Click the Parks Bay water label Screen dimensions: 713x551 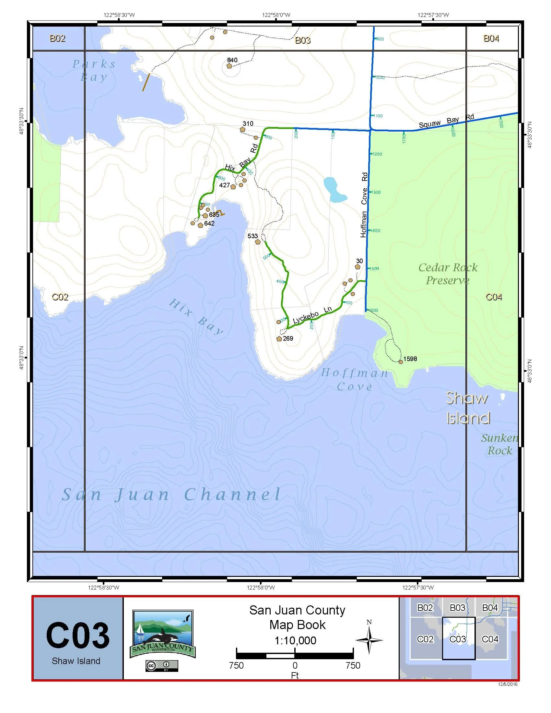tap(94, 70)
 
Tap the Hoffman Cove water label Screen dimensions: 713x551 tap(355, 380)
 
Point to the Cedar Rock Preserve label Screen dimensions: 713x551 tap(448, 274)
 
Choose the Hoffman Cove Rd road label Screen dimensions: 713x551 tap(364, 205)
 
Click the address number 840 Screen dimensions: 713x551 tap(232, 60)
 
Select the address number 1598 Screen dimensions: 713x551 tap(410, 359)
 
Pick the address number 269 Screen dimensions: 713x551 tap(288, 338)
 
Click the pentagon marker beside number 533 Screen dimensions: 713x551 tap(258, 242)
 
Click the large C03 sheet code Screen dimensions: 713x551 tap(78, 636)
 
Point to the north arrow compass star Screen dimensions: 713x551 tap(369, 640)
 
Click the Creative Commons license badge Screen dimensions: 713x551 tap(162, 666)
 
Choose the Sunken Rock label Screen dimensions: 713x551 tap(500, 444)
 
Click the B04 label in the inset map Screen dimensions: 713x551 tap(490, 608)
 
